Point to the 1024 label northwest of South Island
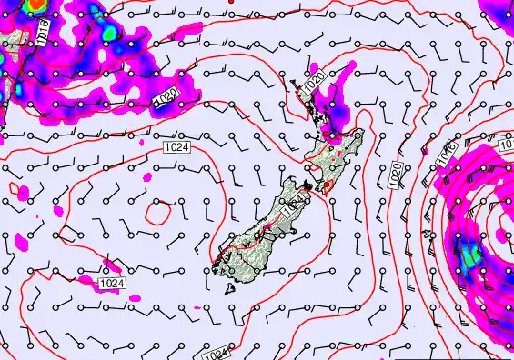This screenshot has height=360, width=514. [x=176, y=146]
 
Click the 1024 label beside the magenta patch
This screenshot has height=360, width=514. [x=110, y=284]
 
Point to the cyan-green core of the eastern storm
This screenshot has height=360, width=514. [x=469, y=256]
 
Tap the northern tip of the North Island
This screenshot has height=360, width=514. [x=294, y=83]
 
